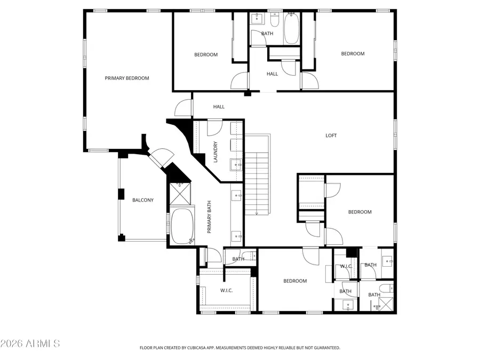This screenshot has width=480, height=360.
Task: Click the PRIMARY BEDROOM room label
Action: pos(127,78)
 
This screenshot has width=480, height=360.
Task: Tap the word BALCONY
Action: pos(143,201)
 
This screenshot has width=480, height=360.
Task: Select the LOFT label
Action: pos(331,135)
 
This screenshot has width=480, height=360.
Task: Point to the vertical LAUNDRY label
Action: pos(215,152)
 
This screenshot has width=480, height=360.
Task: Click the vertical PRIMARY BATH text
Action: pos(210,217)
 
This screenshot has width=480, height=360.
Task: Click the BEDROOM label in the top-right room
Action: pos(353,53)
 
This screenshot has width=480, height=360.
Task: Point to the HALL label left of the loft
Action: pos(219,107)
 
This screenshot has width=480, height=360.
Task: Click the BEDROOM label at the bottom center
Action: pos(295,281)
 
